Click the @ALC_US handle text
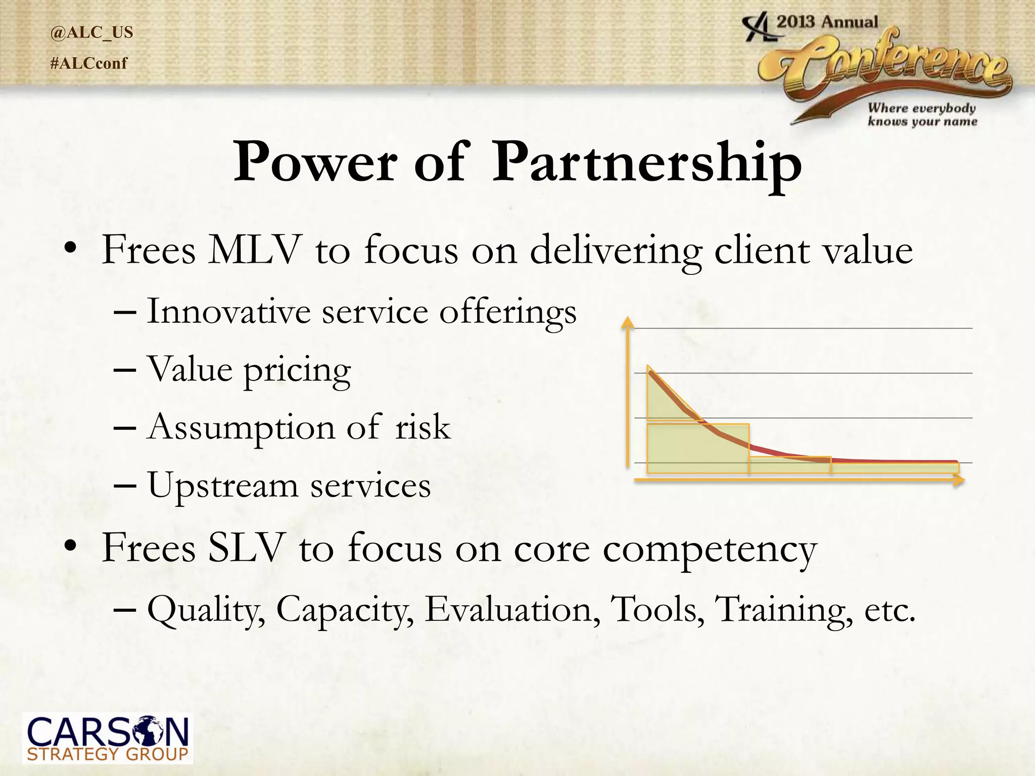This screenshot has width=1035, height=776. pos(91,32)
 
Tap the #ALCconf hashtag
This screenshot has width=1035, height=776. pos(89,64)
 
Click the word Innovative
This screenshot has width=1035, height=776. pos(228,312)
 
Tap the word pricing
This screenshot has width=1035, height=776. pos(297,370)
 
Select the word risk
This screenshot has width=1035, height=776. pos(422,427)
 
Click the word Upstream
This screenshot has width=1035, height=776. pos(222,486)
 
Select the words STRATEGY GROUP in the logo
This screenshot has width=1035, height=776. pos(107,755)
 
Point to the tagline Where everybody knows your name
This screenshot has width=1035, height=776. pos(922,115)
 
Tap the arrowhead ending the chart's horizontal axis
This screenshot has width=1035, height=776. pos(959,480)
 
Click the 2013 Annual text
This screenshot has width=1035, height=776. pos(827,22)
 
